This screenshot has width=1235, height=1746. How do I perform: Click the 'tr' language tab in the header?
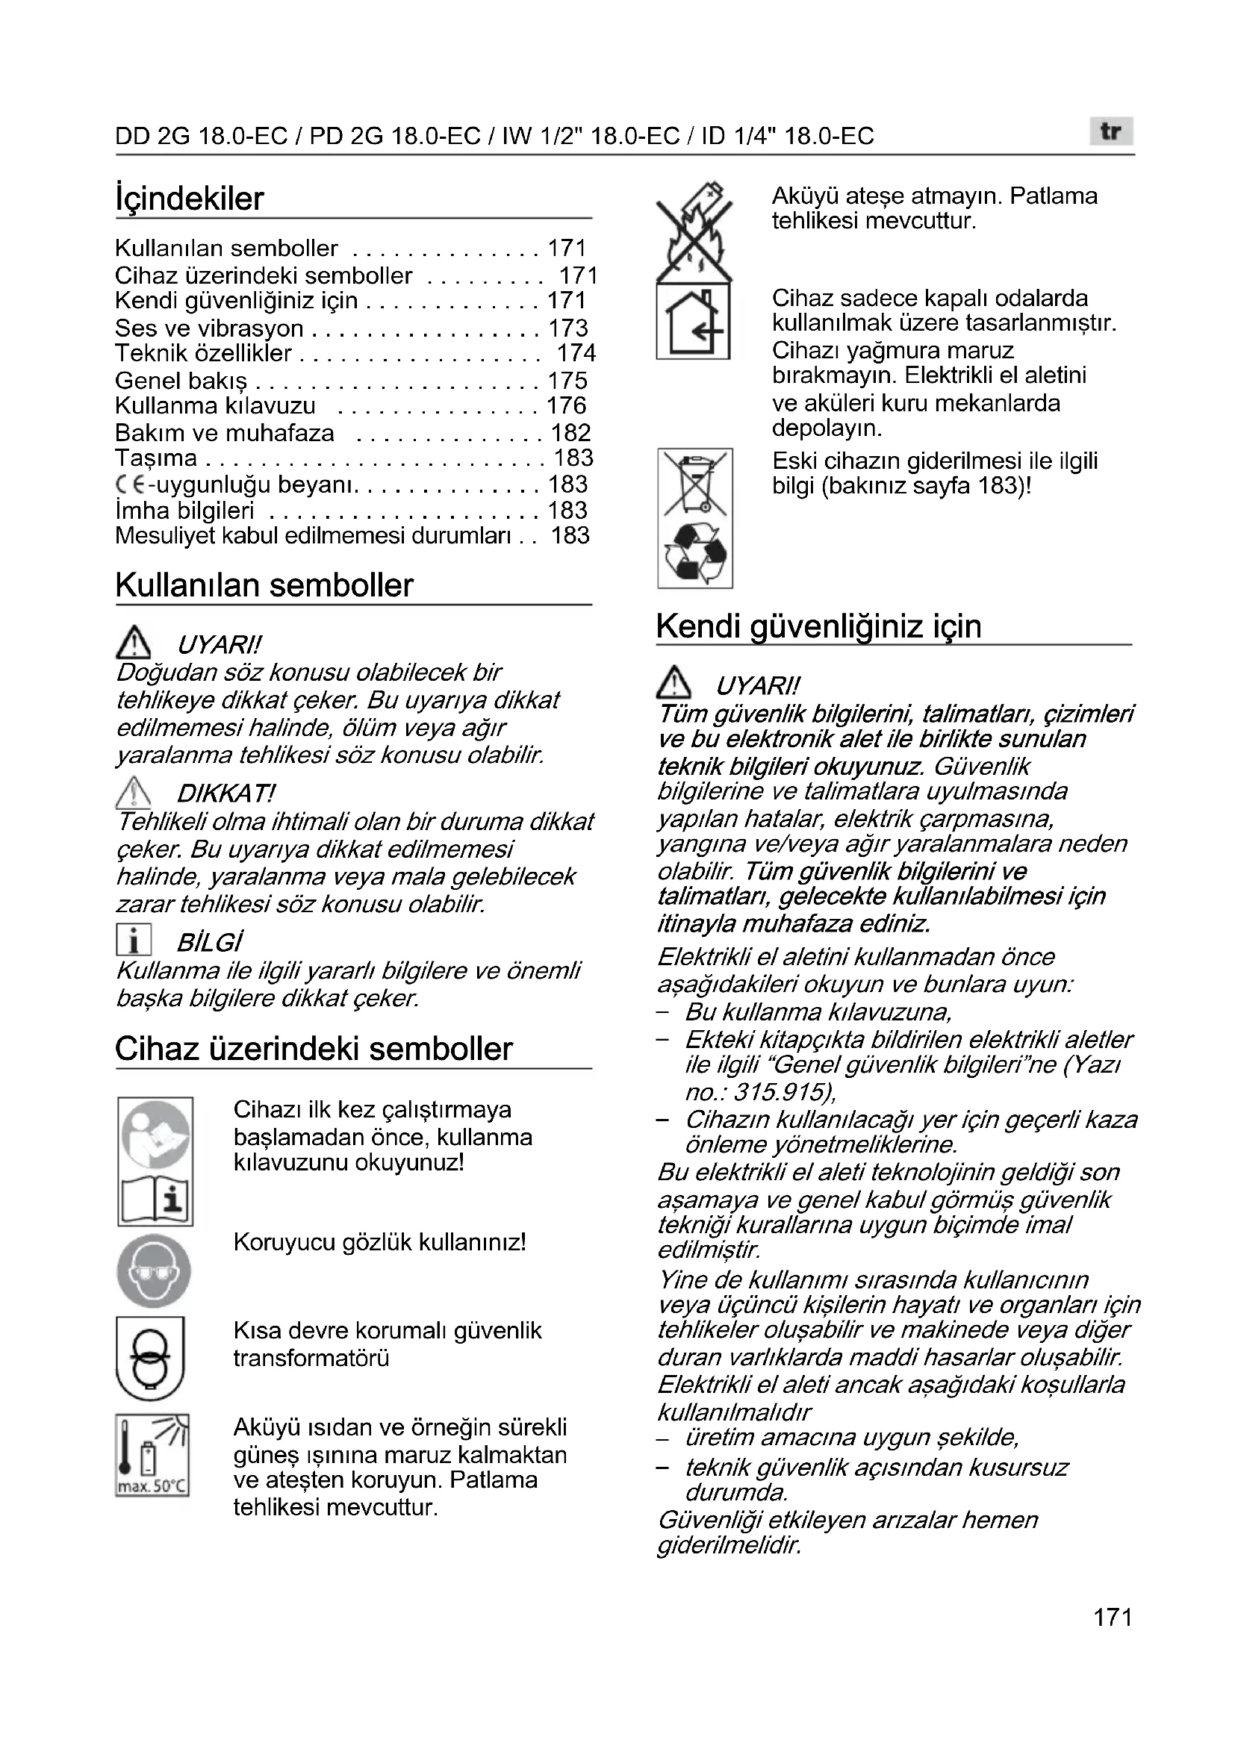[1110, 131]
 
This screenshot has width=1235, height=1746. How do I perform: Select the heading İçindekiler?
[190, 199]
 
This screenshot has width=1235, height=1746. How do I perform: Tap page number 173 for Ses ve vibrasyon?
[568, 328]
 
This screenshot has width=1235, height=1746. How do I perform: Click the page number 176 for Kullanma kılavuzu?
[567, 405]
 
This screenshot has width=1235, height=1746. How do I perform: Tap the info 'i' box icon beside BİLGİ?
[134, 940]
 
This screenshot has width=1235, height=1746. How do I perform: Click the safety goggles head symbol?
[154, 1271]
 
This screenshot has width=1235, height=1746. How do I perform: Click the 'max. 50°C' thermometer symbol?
[152, 1455]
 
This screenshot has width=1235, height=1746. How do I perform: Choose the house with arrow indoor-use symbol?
[694, 322]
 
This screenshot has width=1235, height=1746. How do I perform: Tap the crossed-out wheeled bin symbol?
[694, 481]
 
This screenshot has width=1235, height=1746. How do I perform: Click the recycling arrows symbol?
[695, 553]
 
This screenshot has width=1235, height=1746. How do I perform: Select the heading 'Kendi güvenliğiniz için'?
[818, 626]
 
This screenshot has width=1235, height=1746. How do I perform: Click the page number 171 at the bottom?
[1113, 1638]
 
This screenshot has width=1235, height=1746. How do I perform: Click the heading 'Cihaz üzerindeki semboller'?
[314, 1049]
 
